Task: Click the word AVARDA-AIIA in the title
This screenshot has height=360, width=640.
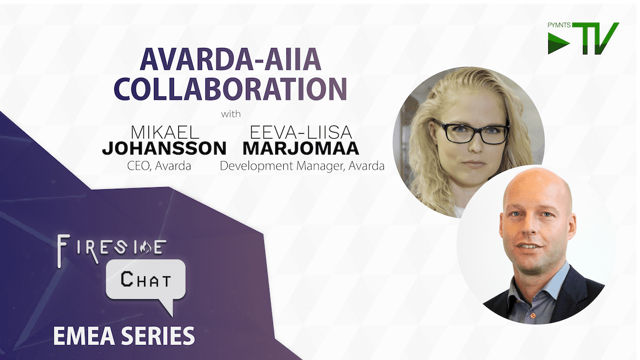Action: [x=230, y=59]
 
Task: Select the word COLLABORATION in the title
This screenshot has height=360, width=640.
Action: [x=230, y=89]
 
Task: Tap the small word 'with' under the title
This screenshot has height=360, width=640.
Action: [x=231, y=114]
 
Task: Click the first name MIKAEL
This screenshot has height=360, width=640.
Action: [x=165, y=133]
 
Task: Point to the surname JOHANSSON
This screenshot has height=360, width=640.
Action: [x=164, y=148]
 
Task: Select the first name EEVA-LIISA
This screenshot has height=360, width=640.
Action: [x=301, y=133]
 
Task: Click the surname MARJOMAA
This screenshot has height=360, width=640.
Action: [x=301, y=148]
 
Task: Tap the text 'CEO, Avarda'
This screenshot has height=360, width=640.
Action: [x=159, y=166]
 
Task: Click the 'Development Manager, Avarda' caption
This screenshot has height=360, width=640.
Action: [x=302, y=166]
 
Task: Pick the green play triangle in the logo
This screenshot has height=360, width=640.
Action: [x=557, y=43]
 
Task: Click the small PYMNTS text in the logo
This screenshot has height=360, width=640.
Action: [x=559, y=25]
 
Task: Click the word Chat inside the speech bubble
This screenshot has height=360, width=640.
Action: [x=146, y=279]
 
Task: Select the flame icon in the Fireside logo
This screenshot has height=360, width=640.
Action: [x=146, y=247]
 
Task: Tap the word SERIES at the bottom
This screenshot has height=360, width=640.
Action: [x=158, y=336]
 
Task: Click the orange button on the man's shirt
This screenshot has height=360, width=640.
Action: [x=533, y=315]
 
